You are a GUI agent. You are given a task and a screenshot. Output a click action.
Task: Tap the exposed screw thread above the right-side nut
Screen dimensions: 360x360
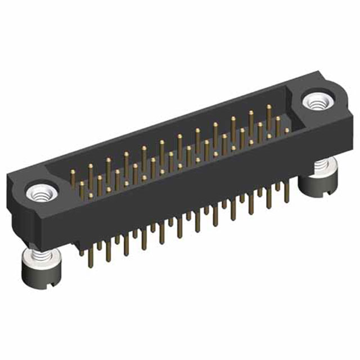point(321,165)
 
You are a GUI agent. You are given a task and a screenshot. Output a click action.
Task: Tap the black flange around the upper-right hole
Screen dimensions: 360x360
point(332,112)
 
